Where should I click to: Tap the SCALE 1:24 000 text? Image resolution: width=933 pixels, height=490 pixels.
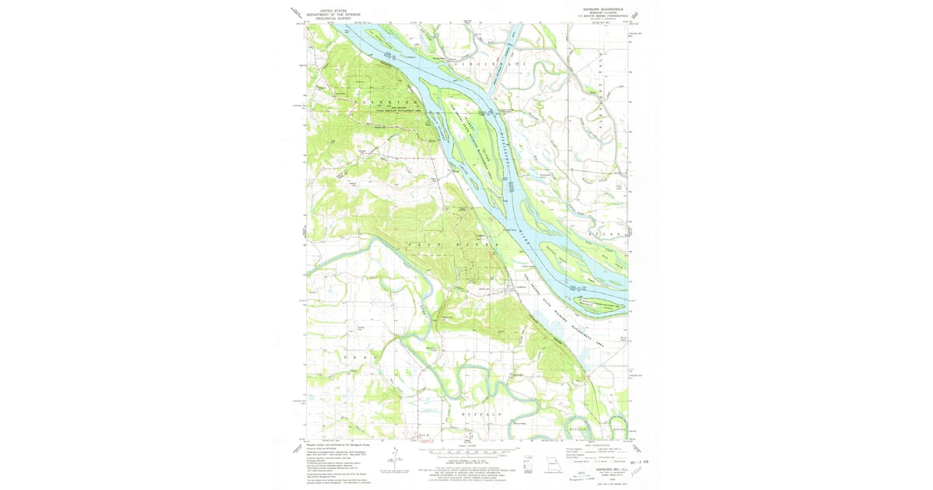[467, 445]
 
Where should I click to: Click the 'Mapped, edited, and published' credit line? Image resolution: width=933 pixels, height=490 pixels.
[336, 445]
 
